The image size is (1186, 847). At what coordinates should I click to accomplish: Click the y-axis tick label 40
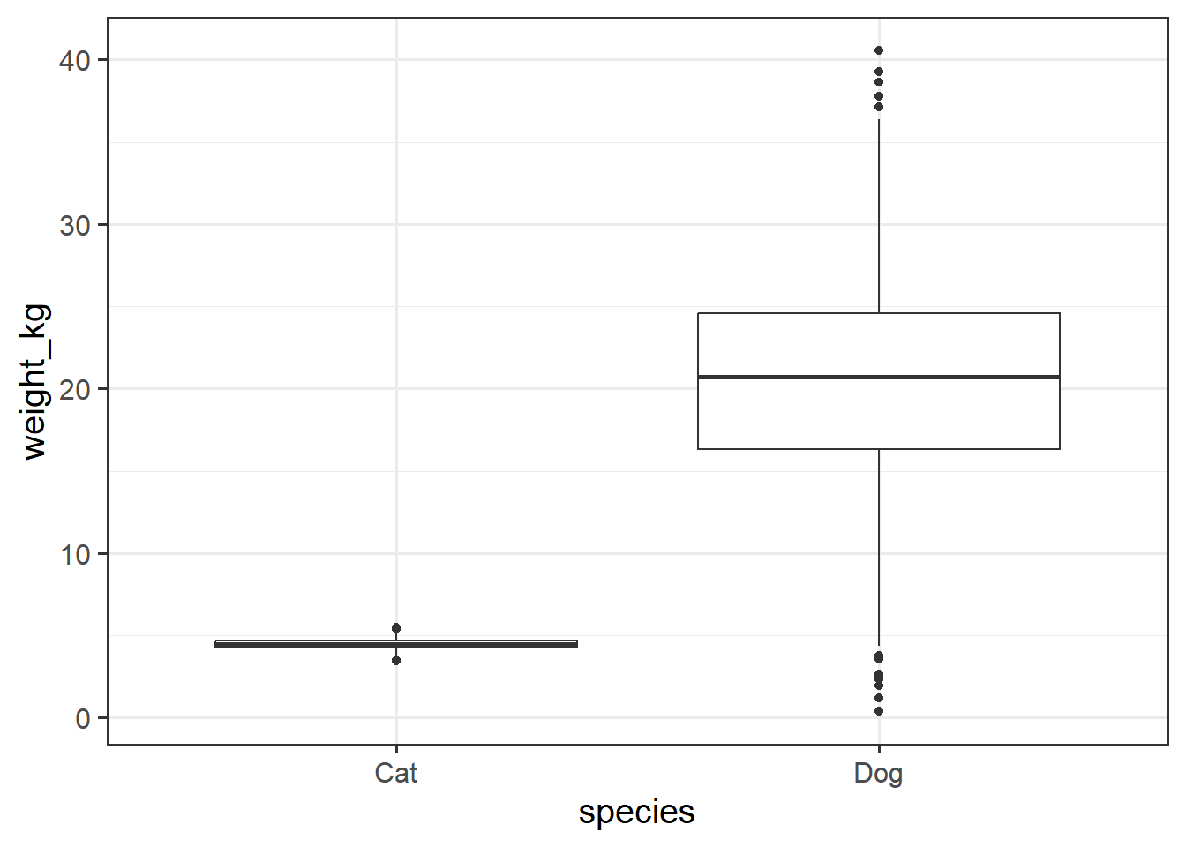coord(75,61)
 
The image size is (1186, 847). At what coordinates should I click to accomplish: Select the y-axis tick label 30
coord(75,226)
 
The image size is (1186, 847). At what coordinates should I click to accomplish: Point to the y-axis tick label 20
coord(75,390)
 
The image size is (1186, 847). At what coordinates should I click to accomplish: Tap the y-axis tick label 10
coord(75,555)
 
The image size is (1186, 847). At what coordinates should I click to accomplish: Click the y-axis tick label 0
coord(83,719)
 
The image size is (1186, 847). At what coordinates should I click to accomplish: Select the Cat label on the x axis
coord(395,774)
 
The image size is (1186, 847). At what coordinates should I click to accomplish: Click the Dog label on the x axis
coord(878,774)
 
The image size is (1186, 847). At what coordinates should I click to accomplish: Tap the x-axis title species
coord(636,812)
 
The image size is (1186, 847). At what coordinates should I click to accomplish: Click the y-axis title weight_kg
coord(35,381)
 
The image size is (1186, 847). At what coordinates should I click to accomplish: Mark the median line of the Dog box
coord(878,377)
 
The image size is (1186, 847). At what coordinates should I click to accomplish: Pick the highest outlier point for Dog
coord(879,50)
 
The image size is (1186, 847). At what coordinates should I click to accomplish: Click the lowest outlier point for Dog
coord(879,711)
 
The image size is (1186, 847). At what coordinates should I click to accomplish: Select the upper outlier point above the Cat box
coord(396,628)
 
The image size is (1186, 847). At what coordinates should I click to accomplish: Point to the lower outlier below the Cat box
coord(396,660)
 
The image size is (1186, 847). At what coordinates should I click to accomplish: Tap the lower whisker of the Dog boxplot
coord(879,547)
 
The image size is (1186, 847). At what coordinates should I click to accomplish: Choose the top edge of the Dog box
coord(878,313)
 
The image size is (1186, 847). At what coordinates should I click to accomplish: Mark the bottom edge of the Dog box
coord(878,449)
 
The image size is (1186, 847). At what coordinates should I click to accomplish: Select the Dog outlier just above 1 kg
coord(879,698)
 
